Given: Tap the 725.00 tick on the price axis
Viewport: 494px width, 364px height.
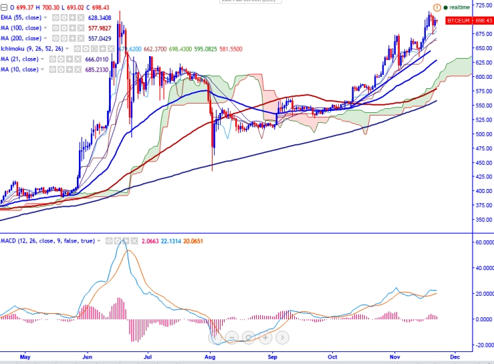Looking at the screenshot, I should tap(483, 5).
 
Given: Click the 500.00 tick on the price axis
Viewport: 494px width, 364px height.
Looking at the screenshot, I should tap(483, 134).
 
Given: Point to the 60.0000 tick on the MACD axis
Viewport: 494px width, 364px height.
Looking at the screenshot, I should tap(481, 242).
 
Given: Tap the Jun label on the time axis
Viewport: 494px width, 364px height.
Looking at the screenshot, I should tap(87, 357).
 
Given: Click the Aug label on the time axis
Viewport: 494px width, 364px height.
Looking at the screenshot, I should tap(211, 357).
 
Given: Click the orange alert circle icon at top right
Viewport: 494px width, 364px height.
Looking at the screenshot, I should tap(437, 7).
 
